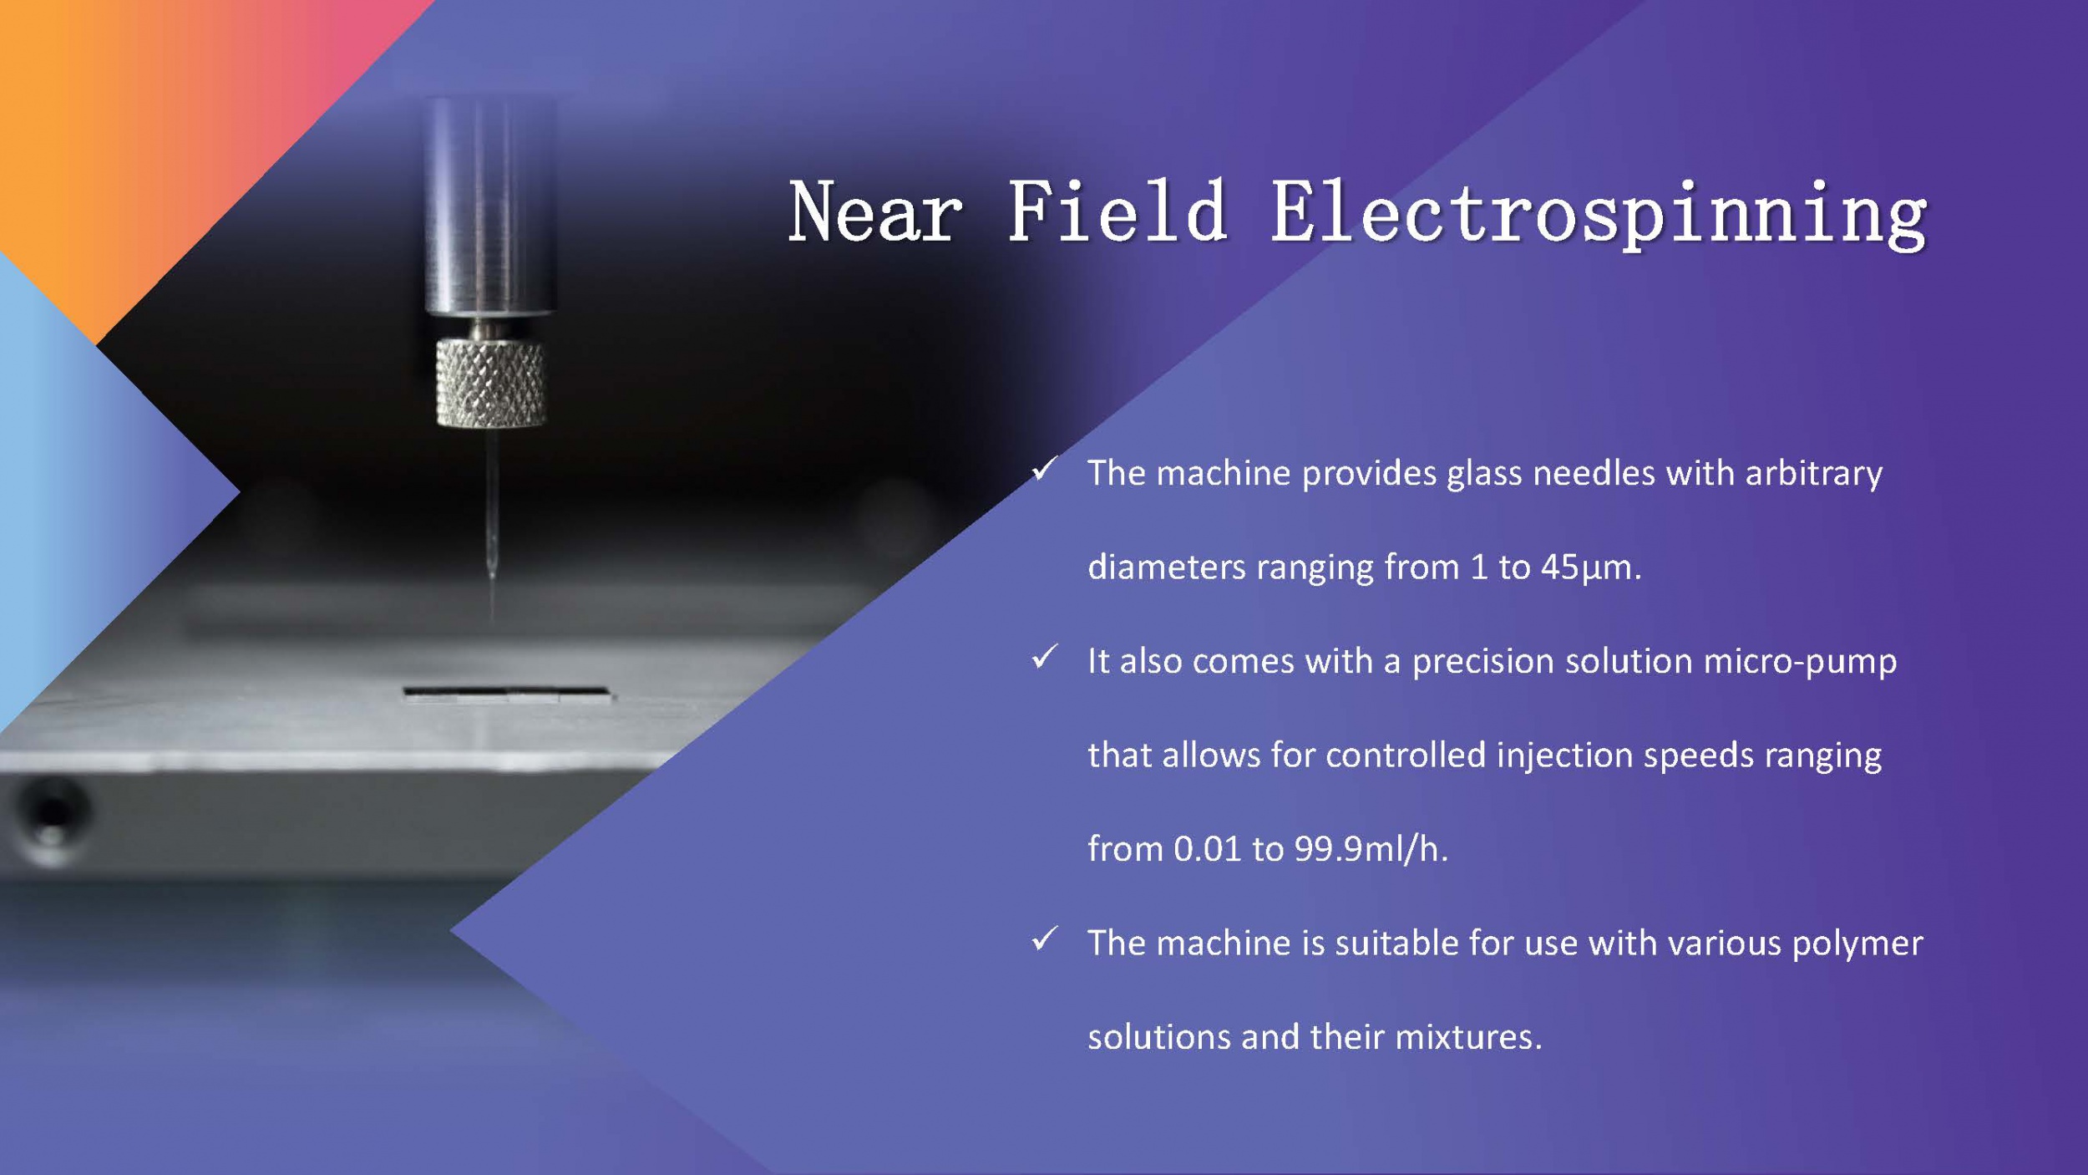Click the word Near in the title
coord(874,212)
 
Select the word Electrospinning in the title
coord(1599,215)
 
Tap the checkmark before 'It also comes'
coord(1045,657)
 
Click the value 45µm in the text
coord(1590,567)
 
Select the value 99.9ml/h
coord(1371,849)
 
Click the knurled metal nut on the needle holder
coord(491,383)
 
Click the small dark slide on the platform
coord(507,694)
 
